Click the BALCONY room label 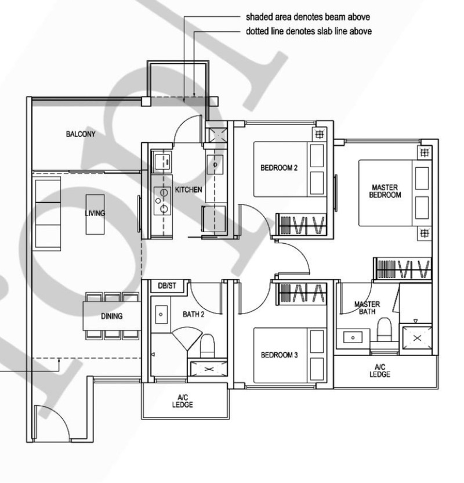point(81,134)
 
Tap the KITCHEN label point(188,190)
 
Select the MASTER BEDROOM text point(385,191)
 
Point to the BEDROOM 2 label point(279,168)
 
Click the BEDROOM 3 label point(279,355)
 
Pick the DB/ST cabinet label point(167,286)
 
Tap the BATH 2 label point(194,314)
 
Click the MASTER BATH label point(367,308)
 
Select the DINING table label point(112,316)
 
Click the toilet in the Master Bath point(385,329)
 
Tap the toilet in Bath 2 point(208,346)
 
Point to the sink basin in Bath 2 point(161,315)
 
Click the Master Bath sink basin point(353,338)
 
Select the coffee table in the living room point(95,214)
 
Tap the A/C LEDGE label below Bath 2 point(183,401)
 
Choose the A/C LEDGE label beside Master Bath point(380,370)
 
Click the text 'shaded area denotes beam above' point(308,17)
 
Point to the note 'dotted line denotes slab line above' point(309,31)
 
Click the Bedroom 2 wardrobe point(301,225)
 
